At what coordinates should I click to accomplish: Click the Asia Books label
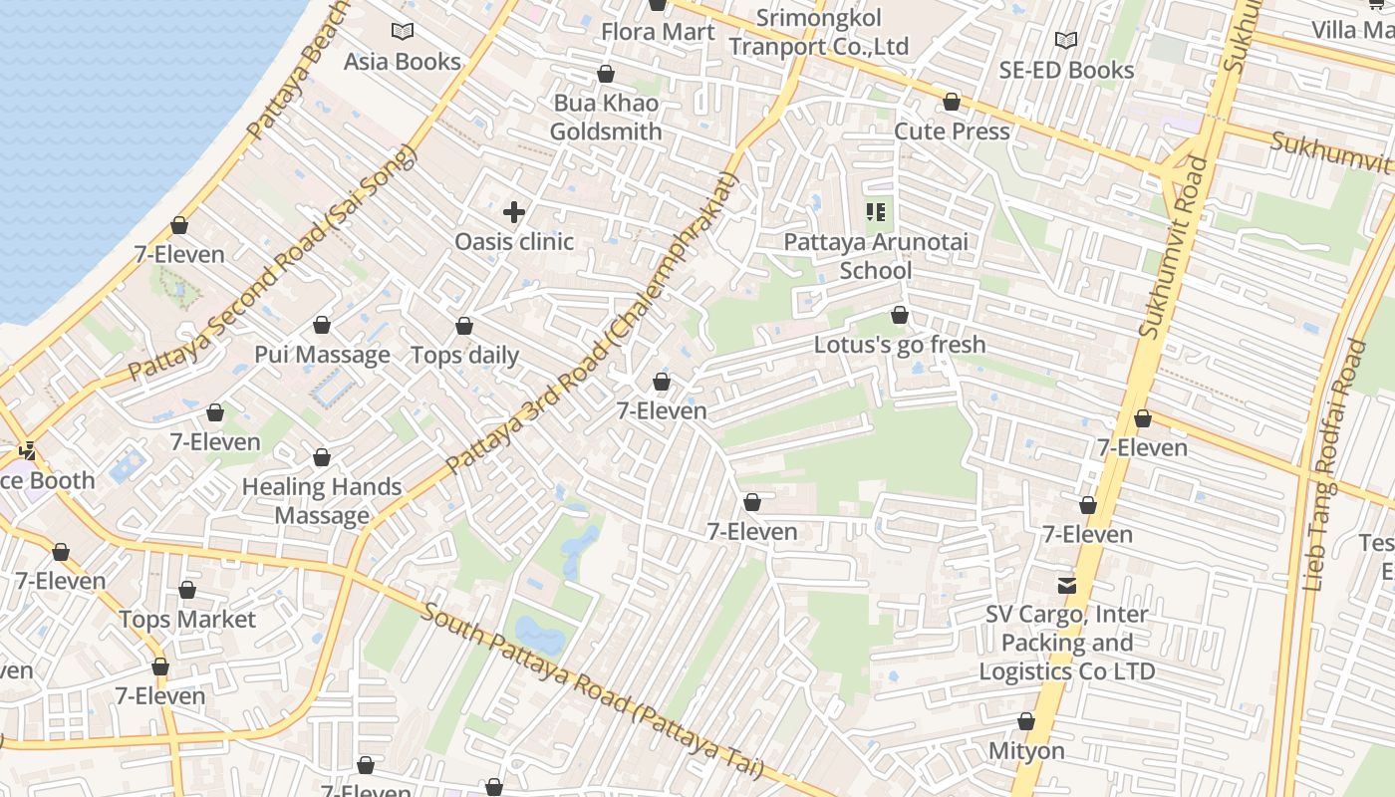[x=403, y=62]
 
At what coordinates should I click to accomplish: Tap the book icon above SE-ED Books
[x=1066, y=41]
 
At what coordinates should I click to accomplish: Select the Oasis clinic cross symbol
[x=514, y=212]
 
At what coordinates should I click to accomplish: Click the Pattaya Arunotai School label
[x=876, y=256]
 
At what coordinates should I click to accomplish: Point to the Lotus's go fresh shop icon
[x=900, y=316]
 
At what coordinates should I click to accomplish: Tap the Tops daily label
[x=465, y=356]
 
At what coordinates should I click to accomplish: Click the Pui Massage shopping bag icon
[x=322, y=326]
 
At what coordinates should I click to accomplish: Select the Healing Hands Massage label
[x=322, y=501]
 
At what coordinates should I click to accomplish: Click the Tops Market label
[x=187, y=620]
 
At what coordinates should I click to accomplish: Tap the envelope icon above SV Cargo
[x=1067, y=585]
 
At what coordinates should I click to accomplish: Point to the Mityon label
[x=1026, y=750]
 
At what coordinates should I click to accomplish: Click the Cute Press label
[x=952, y=132]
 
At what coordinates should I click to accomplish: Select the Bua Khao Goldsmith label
[x=606, y=118]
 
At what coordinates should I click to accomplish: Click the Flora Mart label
[x=658, y=32]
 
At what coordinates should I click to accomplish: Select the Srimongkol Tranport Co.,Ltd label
[x=819, y=32]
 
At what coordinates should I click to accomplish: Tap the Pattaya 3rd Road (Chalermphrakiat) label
[x=592, y=325]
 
